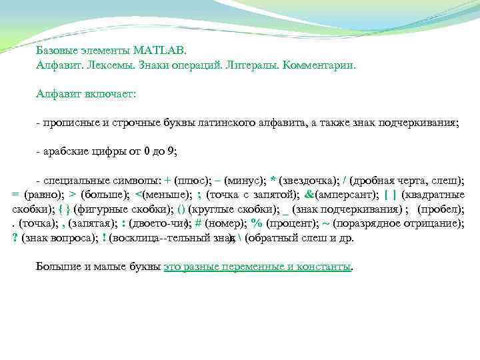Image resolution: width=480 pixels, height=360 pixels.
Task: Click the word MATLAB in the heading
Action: (161, 50)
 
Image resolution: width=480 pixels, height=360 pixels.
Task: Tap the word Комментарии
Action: (319, 66)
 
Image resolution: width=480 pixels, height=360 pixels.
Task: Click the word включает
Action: (111, 95)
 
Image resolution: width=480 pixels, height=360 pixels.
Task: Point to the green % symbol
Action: (257, 223)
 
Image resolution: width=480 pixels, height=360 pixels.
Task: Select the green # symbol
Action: (199, 223)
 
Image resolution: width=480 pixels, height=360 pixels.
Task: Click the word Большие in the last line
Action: (57, 267)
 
